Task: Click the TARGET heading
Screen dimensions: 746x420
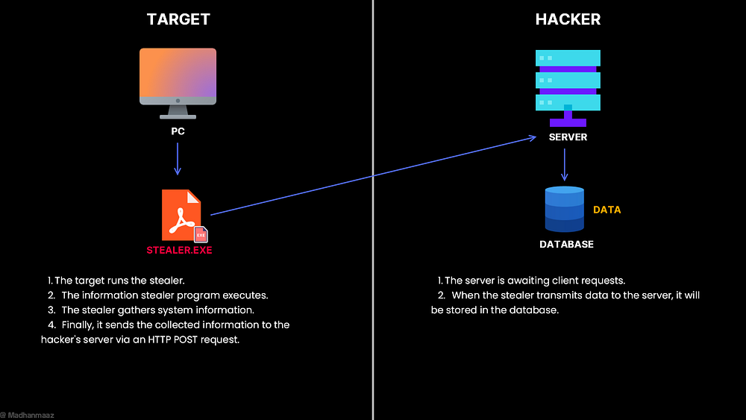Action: pyautogui.click(x=178, y=19)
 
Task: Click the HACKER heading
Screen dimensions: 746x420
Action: pyautogui.click(x=568, y=19)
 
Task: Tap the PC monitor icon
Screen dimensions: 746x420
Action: pyautogui.click(x=178, y=84)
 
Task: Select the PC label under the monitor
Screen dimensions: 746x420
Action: pyautogui.click(x=178, y=131)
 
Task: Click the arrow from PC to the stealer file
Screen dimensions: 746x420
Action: pyautogui.click(x=178, y=159)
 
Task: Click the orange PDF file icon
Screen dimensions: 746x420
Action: pyautogui.click(x=181, y=215)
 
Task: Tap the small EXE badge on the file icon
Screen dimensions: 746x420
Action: pyautogui.click(x=201, y=234)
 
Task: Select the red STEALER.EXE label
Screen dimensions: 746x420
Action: pyautogui.click(x=179, y=250)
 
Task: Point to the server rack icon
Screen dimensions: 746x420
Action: pyautogui.click(x=568, y=88)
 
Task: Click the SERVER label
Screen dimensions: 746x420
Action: pyautogui.click(x=568, y=137)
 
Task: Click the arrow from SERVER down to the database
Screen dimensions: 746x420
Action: pyautogui.click(x=564, y=165)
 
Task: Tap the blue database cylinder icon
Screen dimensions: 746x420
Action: pyautogui.click(x=564, y=210)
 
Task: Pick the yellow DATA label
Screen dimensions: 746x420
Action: pyautogui.click(x=606, y=210)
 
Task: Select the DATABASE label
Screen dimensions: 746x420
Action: pyautogui.click(x=567, y=245)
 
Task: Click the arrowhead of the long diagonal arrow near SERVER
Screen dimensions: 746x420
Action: pyautogui.click(x=535, y=137)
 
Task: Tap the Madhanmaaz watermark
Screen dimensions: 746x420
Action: pyautogui.click(x=28, y=416)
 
